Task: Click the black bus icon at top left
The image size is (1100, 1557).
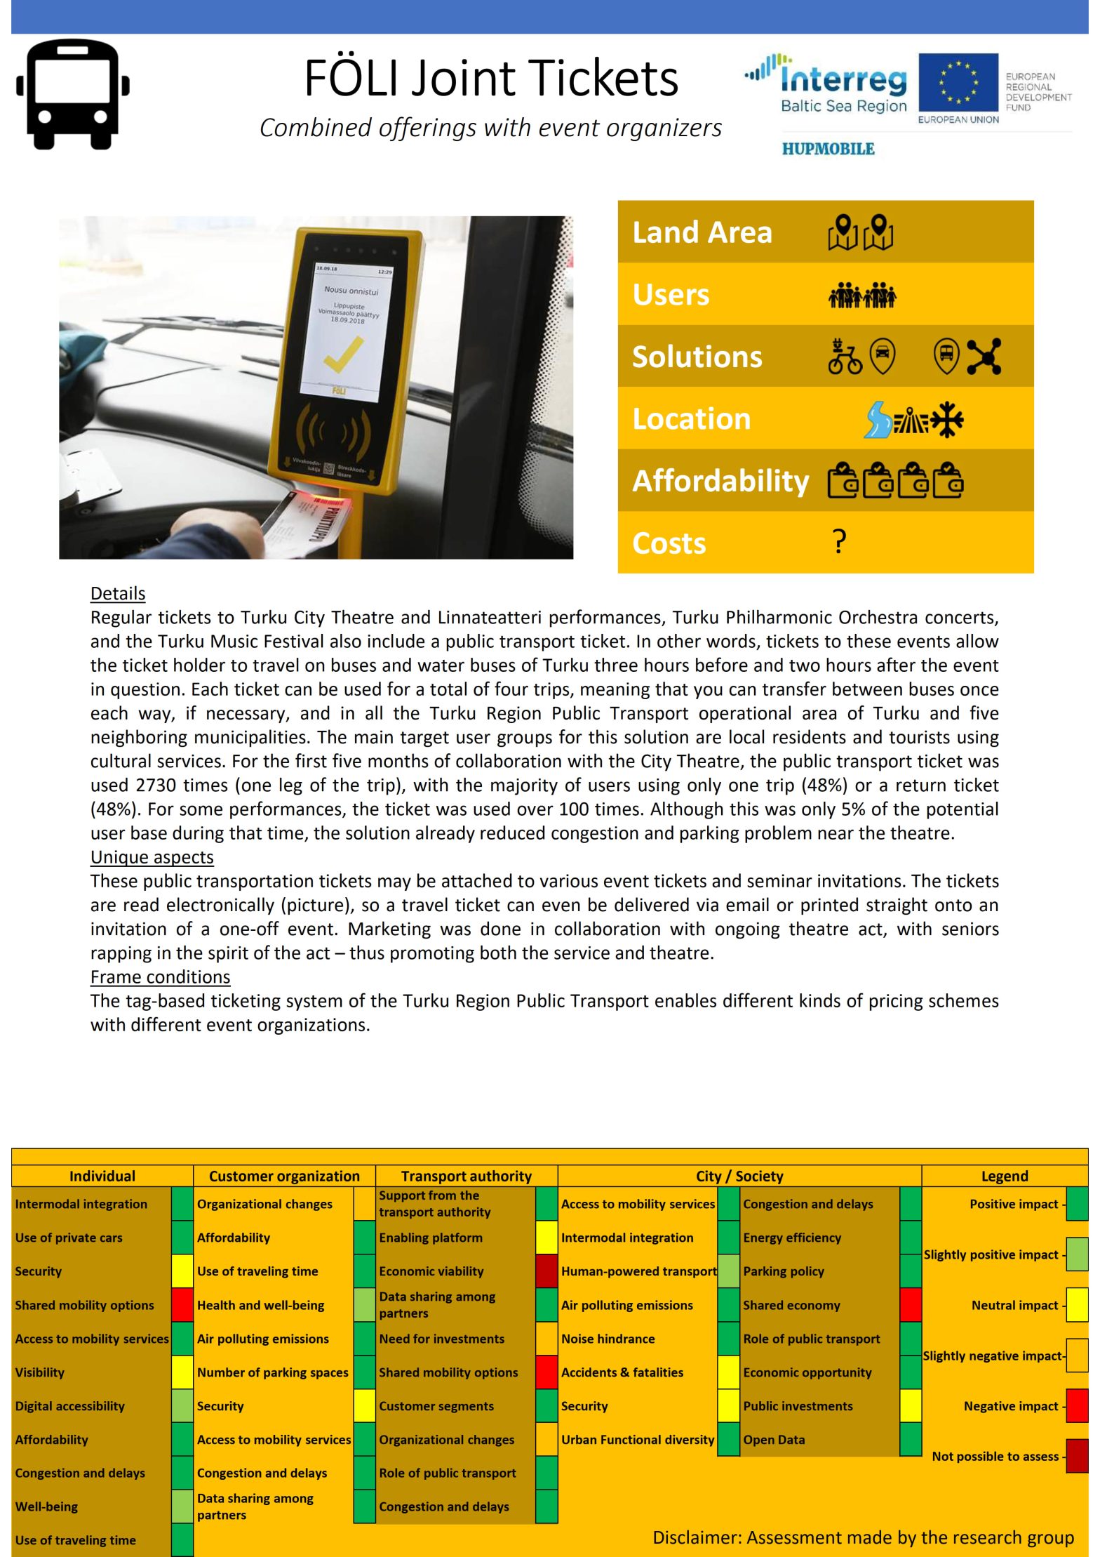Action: pos(73,94)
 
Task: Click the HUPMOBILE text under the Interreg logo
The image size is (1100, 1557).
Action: pos(828,149)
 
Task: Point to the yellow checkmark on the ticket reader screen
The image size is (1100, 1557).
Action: pos(344,355)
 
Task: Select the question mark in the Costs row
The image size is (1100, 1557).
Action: pos(839,542)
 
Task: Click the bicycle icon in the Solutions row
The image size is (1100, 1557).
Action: pos(845,357)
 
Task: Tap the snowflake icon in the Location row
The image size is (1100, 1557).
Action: pos(947,419)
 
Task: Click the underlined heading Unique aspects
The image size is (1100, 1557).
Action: pos(152,857)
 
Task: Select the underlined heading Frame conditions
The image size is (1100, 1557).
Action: pos(160,977)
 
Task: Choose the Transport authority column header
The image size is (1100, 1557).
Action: pos(466,1176)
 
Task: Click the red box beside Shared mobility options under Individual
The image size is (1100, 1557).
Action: pos(182,1305)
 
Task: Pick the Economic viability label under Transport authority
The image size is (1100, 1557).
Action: pos(431,1271)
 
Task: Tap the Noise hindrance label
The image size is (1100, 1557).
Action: pos(608,1339)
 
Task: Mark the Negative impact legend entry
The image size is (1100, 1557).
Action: pos(1010,1406)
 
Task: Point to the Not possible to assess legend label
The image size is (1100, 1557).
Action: pos(995,1457)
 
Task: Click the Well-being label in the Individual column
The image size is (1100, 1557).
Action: pos(46,1506)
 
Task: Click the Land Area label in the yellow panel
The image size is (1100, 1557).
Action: pos(702,232)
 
